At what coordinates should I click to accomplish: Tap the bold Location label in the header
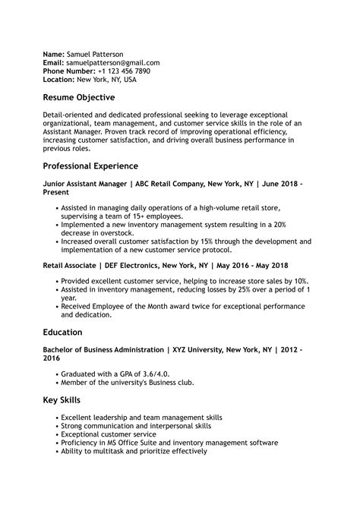click(58, 79)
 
